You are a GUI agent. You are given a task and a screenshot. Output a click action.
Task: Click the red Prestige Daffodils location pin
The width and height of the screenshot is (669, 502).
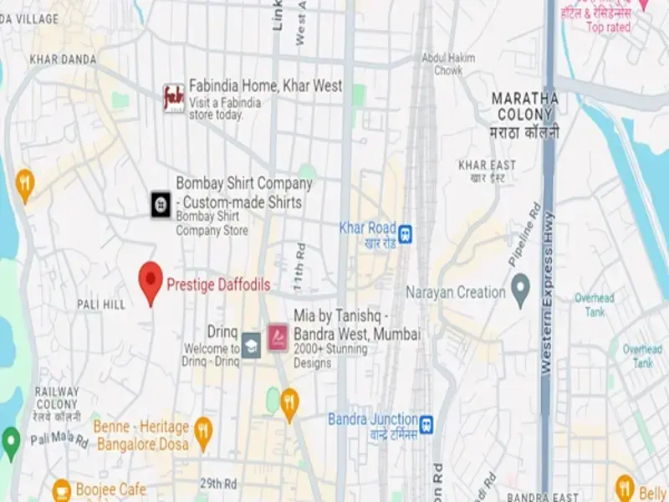point(151,282)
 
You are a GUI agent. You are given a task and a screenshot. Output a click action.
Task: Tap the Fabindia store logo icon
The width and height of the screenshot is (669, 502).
point(174,98)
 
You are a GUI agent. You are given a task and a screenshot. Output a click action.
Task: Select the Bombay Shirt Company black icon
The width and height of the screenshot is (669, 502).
point(161,204)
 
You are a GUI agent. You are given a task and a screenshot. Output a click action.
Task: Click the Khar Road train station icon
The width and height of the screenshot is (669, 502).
point(406,233)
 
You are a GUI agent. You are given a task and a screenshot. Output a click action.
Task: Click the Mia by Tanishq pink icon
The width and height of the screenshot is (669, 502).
point(277,338)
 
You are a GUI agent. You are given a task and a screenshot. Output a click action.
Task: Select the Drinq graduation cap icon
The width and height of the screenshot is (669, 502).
point(251,344)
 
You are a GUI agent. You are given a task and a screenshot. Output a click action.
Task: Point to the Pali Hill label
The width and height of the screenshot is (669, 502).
point(100,305)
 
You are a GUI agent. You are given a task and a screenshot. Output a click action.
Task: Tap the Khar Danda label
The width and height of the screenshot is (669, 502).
point(63,59)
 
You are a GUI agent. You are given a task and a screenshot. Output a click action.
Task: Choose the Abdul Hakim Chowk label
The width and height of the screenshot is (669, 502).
point(448,64)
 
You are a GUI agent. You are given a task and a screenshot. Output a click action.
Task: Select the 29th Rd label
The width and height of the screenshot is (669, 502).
point(218,484)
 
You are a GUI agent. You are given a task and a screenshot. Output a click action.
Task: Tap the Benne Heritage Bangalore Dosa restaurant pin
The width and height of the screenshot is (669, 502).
point(203,432)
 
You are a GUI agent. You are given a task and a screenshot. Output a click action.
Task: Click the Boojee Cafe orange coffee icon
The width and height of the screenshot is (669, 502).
point(61,489)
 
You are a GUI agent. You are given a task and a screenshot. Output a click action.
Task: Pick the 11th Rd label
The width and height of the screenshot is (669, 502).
point(299,265)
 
